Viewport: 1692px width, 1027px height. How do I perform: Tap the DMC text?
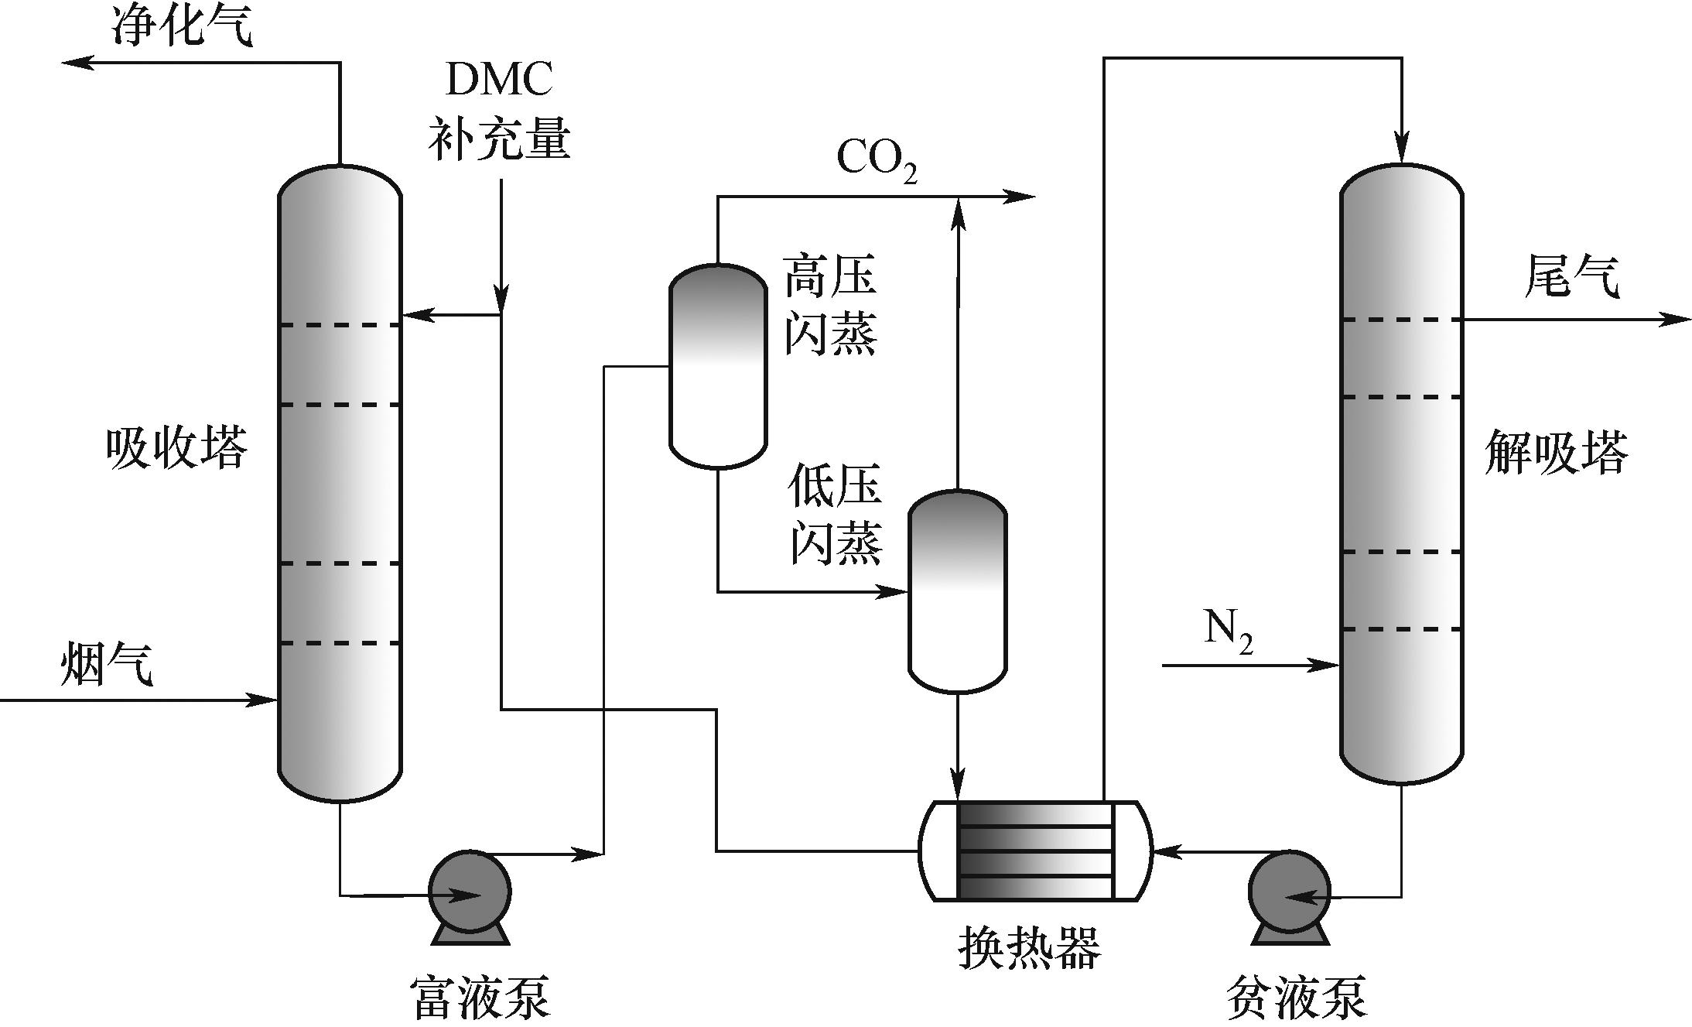(x=499, y=79)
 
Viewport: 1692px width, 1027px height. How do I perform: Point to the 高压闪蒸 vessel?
(x=718, y=367)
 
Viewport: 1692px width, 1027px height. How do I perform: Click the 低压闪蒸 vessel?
(x=957, y=591)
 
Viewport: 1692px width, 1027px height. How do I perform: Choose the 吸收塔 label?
(x=176, y=448)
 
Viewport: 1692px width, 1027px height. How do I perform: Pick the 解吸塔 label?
(x=1556, y=452)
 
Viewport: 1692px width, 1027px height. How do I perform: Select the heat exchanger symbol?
(x=1035, y=851)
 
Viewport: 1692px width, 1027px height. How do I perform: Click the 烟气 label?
(x=107, y=665)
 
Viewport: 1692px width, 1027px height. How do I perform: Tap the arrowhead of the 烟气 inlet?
(x=267, y=700)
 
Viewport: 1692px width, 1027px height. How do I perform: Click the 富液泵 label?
(x=481, y=997)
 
